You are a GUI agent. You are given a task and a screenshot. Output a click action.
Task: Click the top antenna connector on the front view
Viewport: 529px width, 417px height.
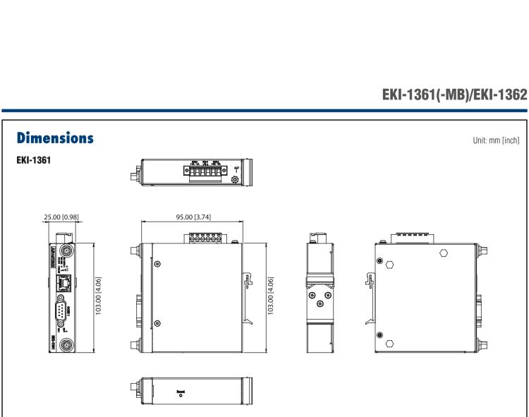pos(67,250)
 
